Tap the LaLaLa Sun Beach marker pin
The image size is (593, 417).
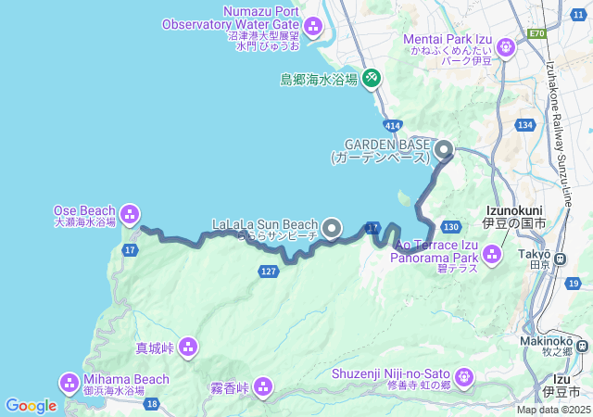pos(333,226)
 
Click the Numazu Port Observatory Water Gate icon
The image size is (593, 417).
pos(311,25)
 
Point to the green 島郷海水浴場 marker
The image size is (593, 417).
pos(371,78)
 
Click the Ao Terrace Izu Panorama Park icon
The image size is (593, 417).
pos(491,252)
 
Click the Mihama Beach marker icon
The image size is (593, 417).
pos(69,382)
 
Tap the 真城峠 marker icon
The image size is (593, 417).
pos(188,347)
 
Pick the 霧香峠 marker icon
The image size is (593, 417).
pos(264,385)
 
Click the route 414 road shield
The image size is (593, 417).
pos(394,123)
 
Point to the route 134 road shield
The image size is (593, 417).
pos(526,125)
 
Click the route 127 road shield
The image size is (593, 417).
pos(268,271)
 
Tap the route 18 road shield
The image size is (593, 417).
pos(151,404)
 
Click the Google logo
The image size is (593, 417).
pos(31,405)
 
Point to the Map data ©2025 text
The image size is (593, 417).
pos(553,410)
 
